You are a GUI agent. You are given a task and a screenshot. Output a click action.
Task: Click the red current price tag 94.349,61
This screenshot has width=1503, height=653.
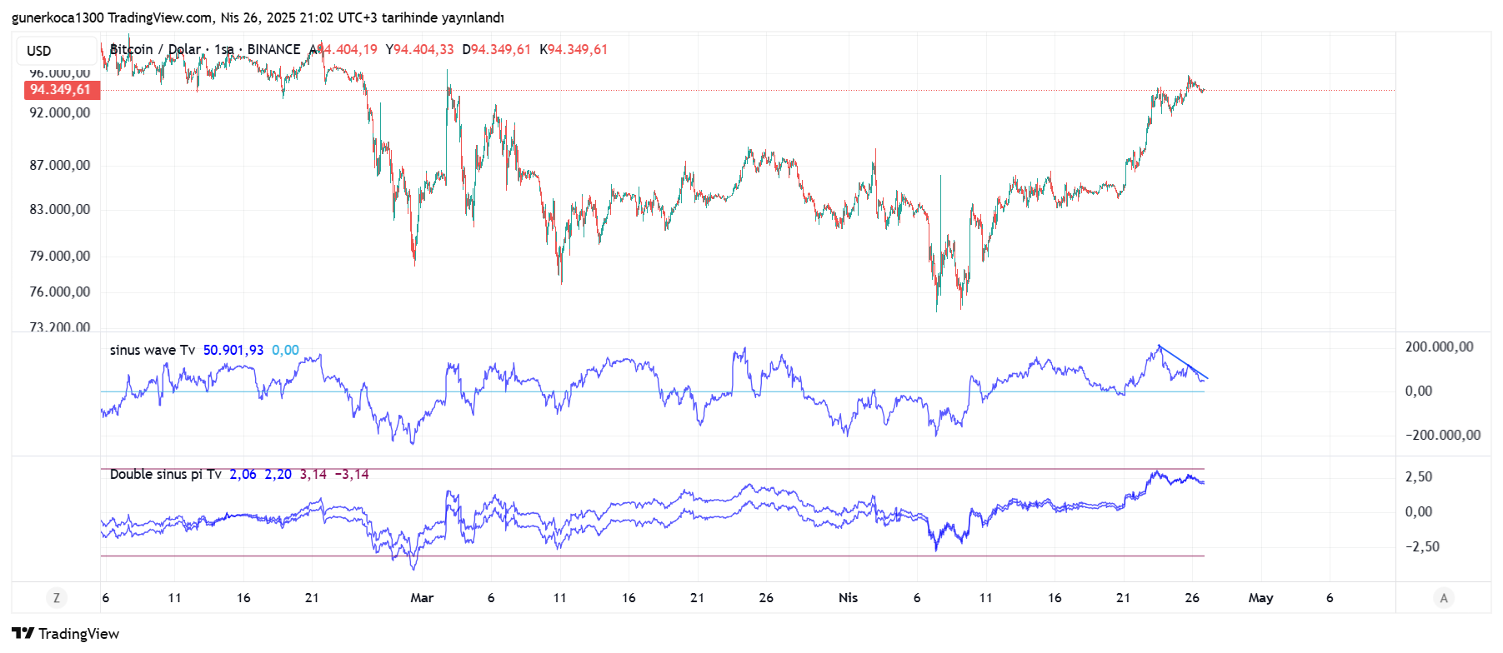click(x=61, y=90)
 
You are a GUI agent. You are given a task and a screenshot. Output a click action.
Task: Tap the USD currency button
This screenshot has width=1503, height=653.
click(x=39, y=51)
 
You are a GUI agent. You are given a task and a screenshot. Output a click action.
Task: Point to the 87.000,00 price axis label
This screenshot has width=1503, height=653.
click(x=60, y=166)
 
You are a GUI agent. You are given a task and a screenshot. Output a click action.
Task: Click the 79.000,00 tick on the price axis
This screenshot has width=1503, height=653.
click(x=60, y=256)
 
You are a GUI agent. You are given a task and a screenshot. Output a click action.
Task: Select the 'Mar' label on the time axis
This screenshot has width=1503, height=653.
click(x=422, y=597)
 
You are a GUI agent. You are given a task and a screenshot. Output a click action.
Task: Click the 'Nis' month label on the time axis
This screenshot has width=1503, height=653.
click(x=848, y=597)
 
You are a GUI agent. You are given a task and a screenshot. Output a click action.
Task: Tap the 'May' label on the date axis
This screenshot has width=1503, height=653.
click(x=1260, y=597)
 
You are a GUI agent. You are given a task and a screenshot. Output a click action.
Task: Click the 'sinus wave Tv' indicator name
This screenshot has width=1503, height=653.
click(x=153, y=350)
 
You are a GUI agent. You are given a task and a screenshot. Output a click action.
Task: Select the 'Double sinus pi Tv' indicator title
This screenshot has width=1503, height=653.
click(x=166, y=474)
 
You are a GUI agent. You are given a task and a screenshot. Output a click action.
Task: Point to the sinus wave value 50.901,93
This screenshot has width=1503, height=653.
click(x=233, y=350)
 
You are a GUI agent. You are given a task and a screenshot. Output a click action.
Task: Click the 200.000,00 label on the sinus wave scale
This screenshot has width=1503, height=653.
click(x=1439, y=346)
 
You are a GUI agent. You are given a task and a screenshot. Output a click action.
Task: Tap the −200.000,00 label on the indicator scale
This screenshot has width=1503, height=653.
click(x=1442, y=435)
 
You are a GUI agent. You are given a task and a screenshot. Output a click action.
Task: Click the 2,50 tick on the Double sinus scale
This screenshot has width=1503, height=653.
click(x=1419, y=476)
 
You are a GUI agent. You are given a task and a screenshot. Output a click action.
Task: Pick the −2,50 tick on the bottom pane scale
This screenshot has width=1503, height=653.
click(x=1422, y=546)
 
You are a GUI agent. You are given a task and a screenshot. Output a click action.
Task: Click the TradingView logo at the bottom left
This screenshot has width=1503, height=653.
click(x=66, y=634)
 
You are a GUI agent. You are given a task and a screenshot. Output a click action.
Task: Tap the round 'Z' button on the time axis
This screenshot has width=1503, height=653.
click(x=57, y=597)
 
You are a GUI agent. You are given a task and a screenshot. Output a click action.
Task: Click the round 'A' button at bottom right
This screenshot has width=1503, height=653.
click(x=1444, y=597)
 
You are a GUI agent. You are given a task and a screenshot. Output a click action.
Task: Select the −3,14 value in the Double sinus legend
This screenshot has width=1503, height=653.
click(x=352, y=474)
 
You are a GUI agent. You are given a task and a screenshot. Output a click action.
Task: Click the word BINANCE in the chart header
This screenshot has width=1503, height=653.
click(x=273, y=49)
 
